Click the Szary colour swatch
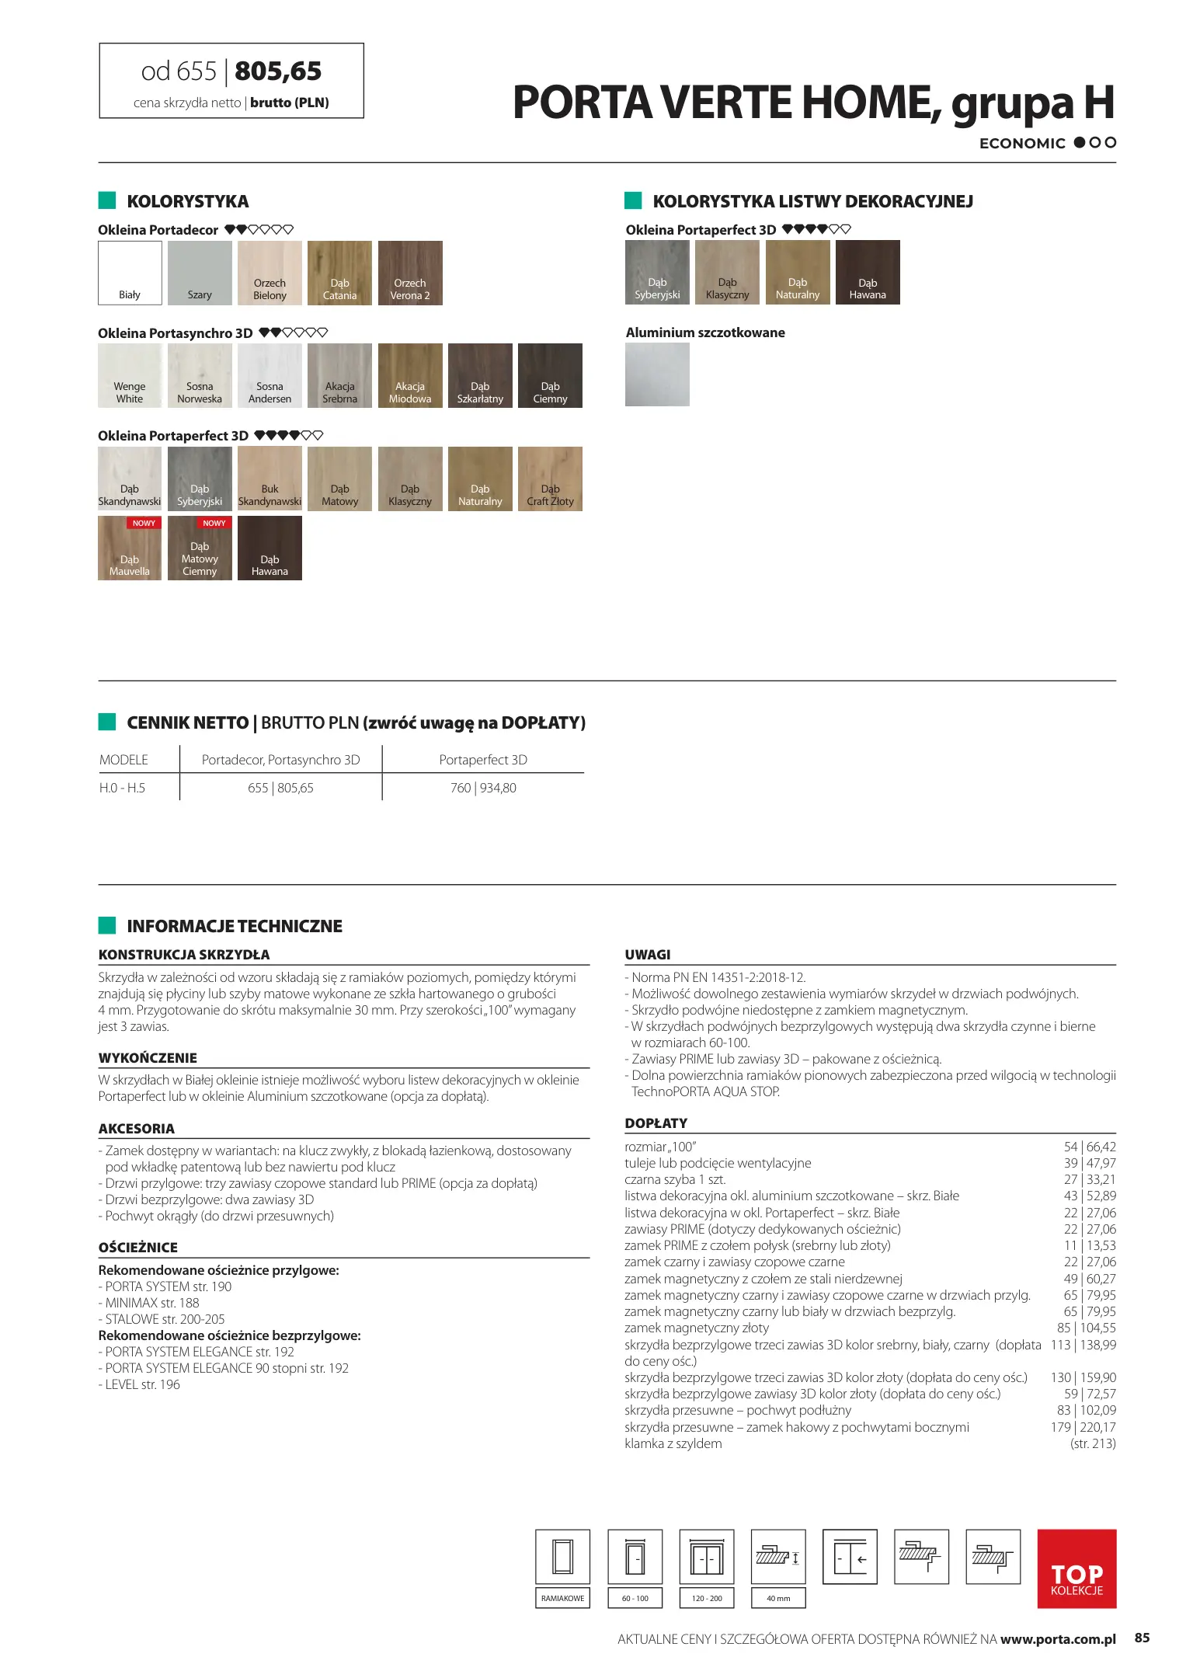point(200,273)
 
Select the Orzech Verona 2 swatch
point(410,273)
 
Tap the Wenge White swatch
point(130,375)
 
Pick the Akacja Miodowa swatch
point(410,375)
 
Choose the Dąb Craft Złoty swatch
point(550,479)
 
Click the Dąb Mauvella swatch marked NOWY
point(130,548)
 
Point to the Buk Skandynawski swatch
point(270,479)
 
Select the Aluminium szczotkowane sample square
point(657,374)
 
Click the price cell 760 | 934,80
point(483,788)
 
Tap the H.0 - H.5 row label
point(123,788)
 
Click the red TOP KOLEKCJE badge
point(1076,1568)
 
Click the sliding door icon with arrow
point(850,1557)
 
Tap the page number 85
point(1142,1638)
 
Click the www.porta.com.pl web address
point(1058,1639)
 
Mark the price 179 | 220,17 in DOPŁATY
point(1083,1427)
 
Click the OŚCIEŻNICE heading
point(138,1248)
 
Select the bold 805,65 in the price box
point(278,71)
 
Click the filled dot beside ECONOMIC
point(1080,143)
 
